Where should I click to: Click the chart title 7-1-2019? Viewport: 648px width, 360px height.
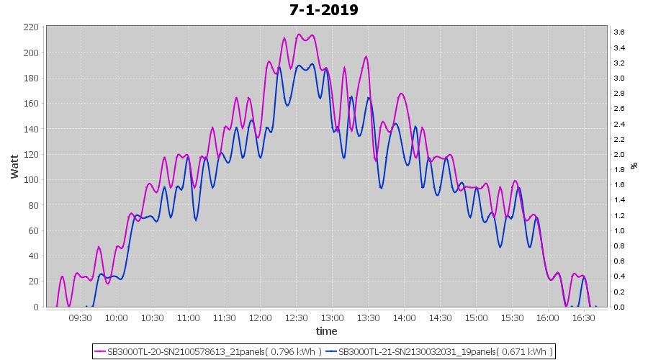[x=323, y=10]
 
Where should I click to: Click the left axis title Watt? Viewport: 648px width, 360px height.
[x=14, y=166]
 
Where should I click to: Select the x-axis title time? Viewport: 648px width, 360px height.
[x=326, y=331]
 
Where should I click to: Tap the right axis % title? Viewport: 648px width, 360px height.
[x=634, y=166]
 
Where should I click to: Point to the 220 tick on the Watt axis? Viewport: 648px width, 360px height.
[x=31, y=27]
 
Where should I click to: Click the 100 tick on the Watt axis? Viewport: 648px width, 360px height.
[x=31, y=180]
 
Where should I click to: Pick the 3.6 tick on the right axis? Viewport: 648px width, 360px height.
[x=618, y=32]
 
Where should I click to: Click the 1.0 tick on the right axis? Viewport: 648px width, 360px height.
[x=618, y=230]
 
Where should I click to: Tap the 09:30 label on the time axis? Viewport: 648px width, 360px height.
[x=80, y=318]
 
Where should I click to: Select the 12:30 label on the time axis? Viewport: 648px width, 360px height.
[x=296, y=318]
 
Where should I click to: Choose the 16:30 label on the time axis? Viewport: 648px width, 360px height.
[x=584, y=318]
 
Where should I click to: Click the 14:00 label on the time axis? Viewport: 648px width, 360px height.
[x=404, y=318]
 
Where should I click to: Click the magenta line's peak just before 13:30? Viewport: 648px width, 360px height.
[x=366, y=57]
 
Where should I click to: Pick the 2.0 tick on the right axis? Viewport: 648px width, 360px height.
[x=618, y=154]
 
